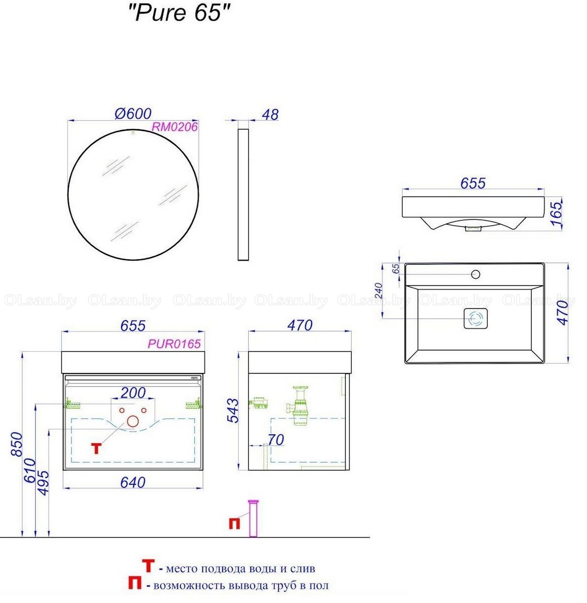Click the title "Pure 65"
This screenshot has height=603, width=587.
click(179, 14)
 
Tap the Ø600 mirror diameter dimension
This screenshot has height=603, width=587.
click(133, 114)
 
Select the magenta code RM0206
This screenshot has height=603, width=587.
click(174, 127)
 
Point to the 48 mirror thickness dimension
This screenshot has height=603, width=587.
click(270, 115)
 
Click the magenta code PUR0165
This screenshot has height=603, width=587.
click(174, 344)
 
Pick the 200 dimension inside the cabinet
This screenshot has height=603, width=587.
click(133, 393)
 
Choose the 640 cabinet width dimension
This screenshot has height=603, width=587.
click(133, 482)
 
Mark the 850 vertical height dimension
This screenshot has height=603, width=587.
click(17, 444)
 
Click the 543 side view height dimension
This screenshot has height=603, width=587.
click(233, 411)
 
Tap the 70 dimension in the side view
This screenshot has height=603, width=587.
click(275, 440)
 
